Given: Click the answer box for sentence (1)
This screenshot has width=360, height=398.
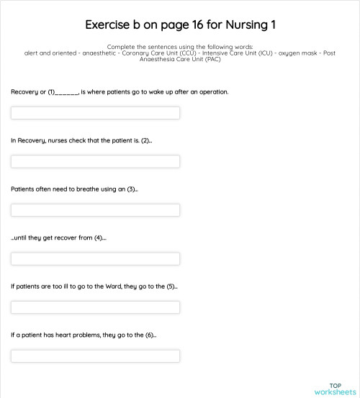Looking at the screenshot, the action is (x=95, y=113).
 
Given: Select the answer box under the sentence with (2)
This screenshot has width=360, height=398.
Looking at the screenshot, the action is (x=95, y=161).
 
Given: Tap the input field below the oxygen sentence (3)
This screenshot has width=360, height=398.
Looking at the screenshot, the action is (x=95, y=210).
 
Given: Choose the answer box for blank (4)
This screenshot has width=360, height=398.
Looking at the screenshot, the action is (x=95, y=258).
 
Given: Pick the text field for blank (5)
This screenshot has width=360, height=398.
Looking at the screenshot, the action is (x=95, y=307).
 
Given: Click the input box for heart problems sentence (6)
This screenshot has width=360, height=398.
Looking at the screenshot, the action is (x=95, y=356).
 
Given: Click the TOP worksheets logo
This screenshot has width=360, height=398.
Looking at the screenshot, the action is (x=335, y=389).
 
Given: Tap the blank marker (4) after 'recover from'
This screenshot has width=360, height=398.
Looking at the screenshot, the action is (x=99, y=238).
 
